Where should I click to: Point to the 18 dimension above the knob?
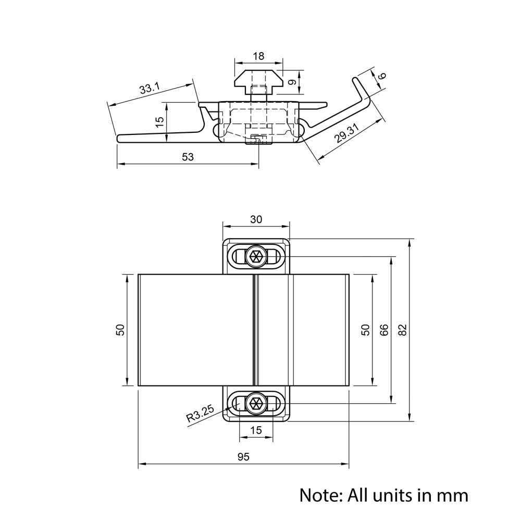[258, 56]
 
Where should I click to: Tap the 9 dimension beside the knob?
[292, 82]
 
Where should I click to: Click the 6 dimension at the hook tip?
[381, 76]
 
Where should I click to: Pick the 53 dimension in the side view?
[188, 157]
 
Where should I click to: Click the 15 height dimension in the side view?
[160, 121]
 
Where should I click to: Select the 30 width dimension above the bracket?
[256, 219]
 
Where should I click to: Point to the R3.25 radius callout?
[200, 415]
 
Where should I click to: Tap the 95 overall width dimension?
[243, 457]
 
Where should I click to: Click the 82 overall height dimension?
[403, 329]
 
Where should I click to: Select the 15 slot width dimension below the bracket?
[256, 430]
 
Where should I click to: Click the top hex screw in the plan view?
[256, 256]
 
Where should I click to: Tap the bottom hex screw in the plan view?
[256, 403]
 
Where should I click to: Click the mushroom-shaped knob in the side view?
[258, 79]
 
